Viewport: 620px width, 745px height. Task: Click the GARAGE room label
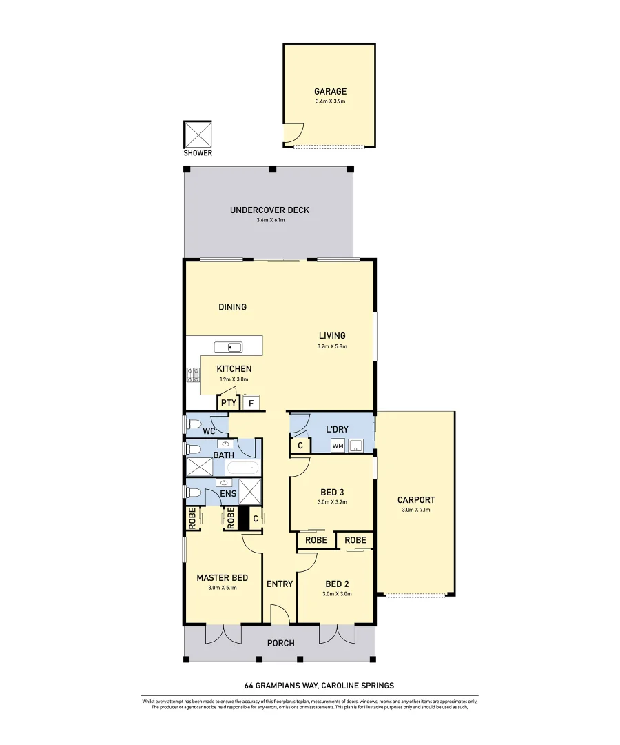click(x=330, y=91)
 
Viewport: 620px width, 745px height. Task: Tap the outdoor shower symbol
click(x=198, y=134)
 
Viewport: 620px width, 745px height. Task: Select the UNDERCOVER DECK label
click(x=269, y=210)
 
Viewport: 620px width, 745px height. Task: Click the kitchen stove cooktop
click(x=193, y=375)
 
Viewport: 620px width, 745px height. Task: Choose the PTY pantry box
click(x=229, y=403)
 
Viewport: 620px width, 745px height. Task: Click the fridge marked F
click(x=251, y=403)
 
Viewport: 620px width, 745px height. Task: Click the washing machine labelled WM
click(x=338, y=446)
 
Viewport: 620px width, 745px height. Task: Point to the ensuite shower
click(x=249, y=492)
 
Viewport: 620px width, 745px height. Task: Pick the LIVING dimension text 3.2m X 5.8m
click(x=331, y=346)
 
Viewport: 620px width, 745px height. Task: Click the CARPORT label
click(x=416, y=500)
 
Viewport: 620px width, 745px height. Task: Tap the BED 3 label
click(x=332, y=492)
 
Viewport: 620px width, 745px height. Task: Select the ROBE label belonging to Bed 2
click(x=355, y=540)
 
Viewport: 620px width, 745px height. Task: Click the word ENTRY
click(x=280, y=584)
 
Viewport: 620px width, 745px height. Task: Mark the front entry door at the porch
click(x=280, y=614)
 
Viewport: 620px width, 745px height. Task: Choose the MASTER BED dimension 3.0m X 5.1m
click(x=222, y=588)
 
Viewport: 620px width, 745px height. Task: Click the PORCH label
click(x=280, y=643)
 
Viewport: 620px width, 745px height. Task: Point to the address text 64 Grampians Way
click(x=319, y=686)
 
